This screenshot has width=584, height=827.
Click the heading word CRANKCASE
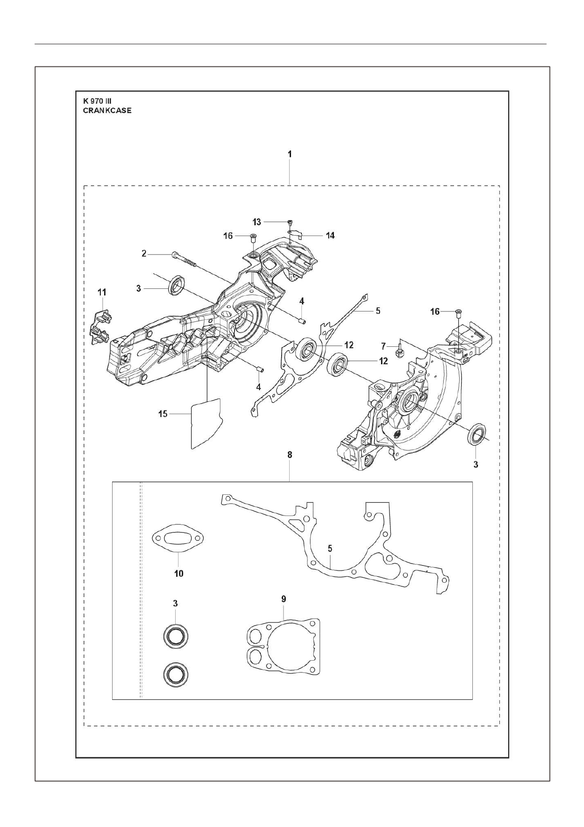107,111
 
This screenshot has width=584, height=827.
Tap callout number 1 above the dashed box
290,154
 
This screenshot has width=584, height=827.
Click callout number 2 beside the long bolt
144,254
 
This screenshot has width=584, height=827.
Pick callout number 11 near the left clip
102,293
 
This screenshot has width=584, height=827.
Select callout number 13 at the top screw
257,221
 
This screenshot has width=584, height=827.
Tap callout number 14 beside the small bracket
331,235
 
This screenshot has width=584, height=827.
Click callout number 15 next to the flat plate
162,414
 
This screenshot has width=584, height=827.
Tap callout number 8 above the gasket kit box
290,455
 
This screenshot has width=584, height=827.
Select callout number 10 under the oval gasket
179,573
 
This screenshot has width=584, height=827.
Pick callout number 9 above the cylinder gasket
284,599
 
